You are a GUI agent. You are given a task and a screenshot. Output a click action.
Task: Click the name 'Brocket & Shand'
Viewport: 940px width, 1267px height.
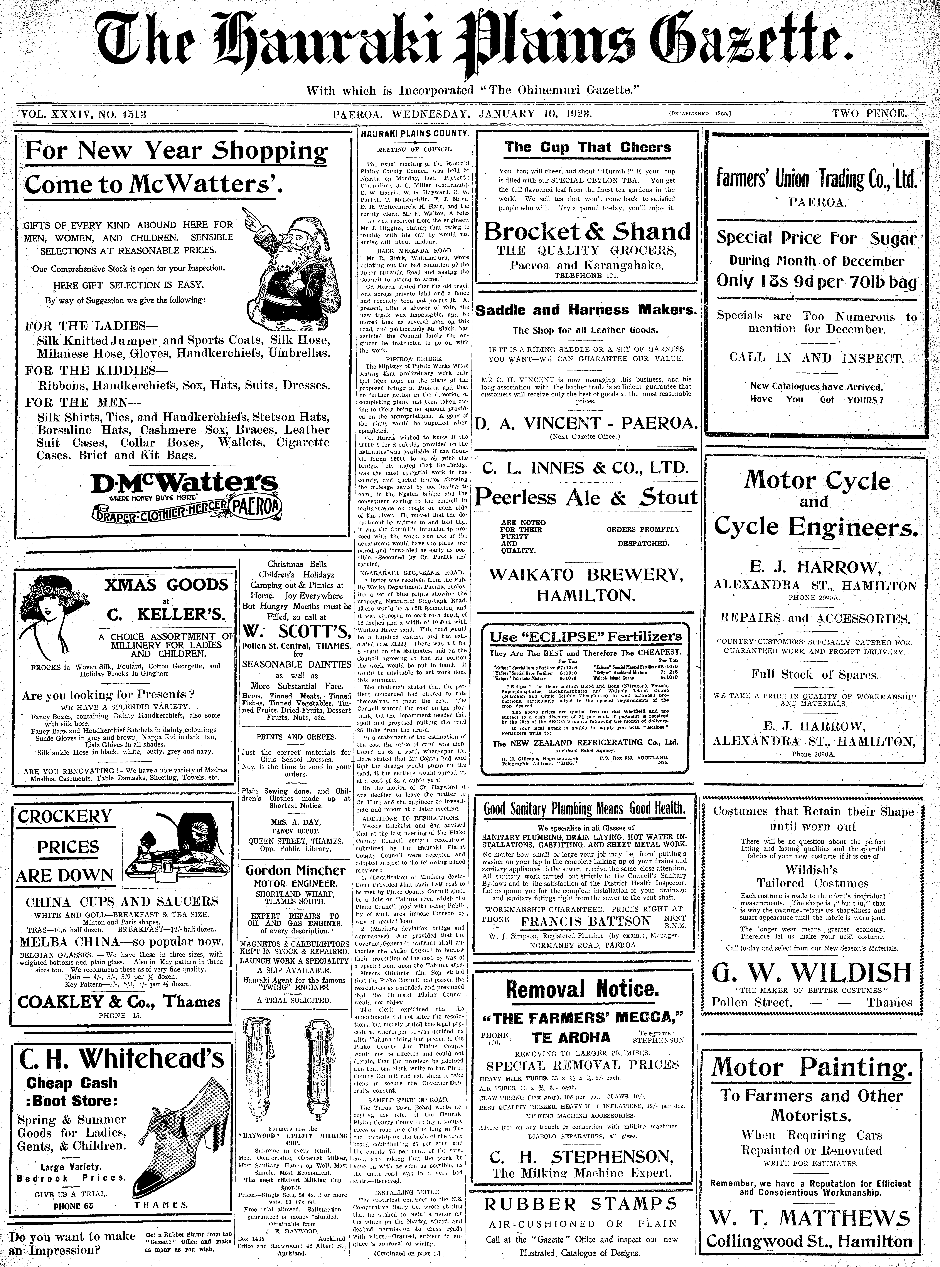point(587,232)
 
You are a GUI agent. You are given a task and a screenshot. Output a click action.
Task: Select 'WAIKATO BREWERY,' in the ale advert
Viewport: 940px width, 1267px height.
point(586,574)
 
